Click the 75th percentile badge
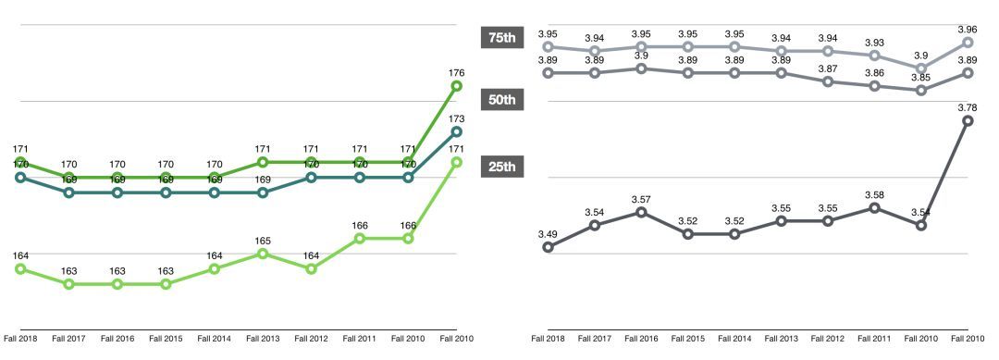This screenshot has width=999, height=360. tap(501, 37)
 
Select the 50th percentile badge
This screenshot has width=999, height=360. tap(501, 100)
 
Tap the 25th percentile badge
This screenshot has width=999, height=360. tap(501, 167)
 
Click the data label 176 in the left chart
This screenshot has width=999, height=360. tap(456, 72)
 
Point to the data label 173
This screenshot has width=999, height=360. tap(456, 118)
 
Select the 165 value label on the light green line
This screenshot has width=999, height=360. tap(263, 240)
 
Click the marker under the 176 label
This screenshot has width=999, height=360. tap(456, 86)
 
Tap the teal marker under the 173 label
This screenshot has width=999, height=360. tap(456, 131)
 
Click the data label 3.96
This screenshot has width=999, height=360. tap(968, 28)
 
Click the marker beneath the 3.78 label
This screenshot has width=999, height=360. tap(968, 120)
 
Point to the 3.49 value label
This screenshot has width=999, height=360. tap(548, 233)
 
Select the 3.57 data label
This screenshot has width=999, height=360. tap(641, 199)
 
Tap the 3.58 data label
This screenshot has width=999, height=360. tap(874, 194)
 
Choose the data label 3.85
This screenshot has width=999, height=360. tap(920, 77)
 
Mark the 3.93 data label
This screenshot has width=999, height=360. tap(874, 42)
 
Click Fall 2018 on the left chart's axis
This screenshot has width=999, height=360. tap(20, 339)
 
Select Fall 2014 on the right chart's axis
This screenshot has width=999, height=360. tap(734, 339)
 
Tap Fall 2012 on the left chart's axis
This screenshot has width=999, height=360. tap(311, 339)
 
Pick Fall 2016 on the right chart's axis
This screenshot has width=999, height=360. tap(641, 339)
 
